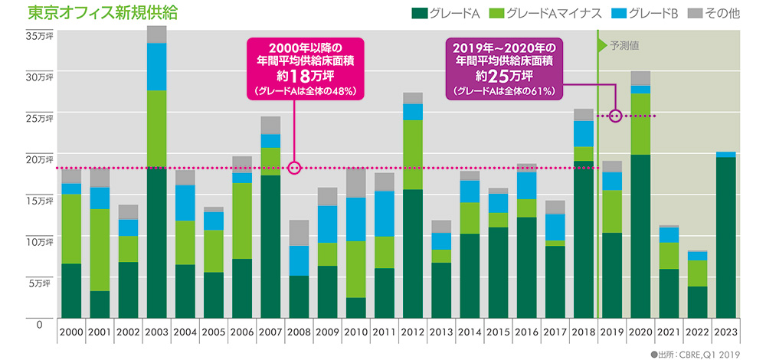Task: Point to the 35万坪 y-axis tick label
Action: point(39,36)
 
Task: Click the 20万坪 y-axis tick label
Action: point(39,159)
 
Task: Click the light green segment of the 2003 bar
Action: point(156,129)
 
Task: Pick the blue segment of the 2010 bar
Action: point(356,219)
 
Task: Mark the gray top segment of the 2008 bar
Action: point(299,233)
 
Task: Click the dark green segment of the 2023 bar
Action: point(725,237)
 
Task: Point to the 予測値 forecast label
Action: point(624,45)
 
